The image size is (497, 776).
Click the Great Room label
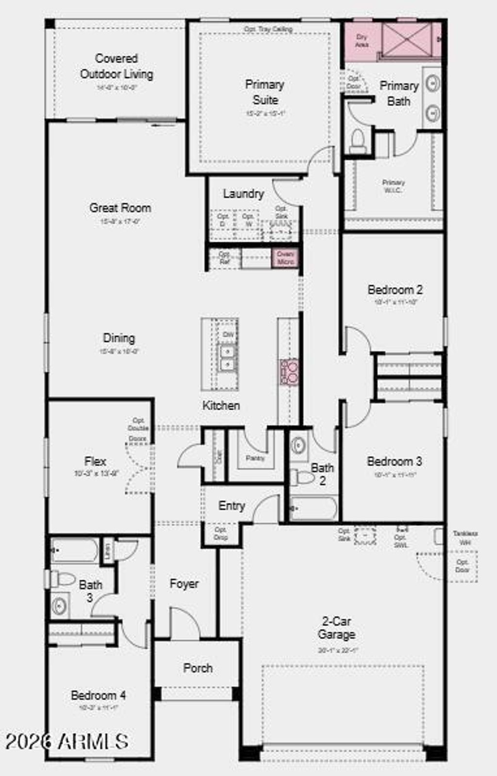[x=120, y=208]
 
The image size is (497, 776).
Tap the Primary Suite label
[x=265, y=92]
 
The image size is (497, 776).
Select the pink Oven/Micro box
[x=285, y=258]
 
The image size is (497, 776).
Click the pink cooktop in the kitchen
[x=289, y=372]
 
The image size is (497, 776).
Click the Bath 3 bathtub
[x=75, y=550]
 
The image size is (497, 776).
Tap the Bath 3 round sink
[x=60, y=606]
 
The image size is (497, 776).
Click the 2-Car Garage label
[x=336, y=628]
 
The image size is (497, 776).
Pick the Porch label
[x=198, y=668]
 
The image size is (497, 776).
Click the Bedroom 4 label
[x=98, y=695]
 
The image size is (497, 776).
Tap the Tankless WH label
[x=465, y=537]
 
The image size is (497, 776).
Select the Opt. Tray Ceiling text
[x=268, y=29]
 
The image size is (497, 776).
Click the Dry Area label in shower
[x=362, y=41]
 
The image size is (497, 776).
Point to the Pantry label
[x=255, y=458]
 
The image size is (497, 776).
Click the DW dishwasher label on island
[x=228, y=335]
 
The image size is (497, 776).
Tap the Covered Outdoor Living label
[x=116, y=66]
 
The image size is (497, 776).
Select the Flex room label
[x=95, y=461]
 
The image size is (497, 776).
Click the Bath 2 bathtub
[x=313, y=508]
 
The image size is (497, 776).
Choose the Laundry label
[x=243, y=194]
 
